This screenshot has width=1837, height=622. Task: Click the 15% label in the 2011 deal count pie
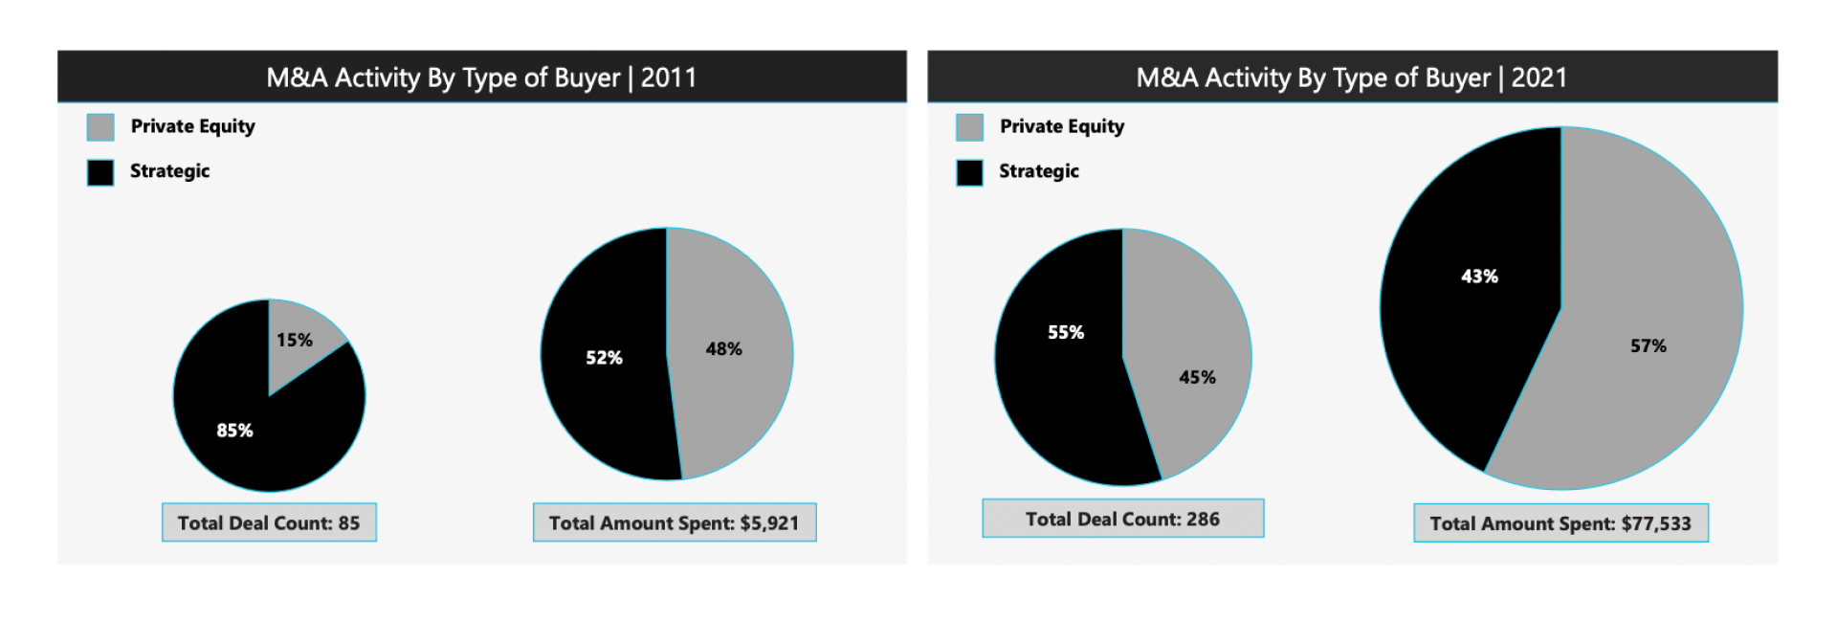point(294,340)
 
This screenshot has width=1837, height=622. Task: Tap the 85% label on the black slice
point(234,431)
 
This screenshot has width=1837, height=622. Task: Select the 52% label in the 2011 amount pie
point(604,358)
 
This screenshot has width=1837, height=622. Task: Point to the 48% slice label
point(723,349)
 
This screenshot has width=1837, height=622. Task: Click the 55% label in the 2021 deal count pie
point(1065,332)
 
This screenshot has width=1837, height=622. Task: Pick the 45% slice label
point(1197,377)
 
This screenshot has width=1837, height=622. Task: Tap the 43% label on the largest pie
point(1479,277)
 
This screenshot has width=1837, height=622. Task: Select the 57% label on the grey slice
point(1648,345)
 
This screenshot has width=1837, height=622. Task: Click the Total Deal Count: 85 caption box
point(269,522)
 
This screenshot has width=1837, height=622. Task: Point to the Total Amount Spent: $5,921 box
point(675,522)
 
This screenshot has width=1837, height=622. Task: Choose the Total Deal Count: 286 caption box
point(1122,519)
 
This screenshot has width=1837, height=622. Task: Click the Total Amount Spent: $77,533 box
point(1560,523)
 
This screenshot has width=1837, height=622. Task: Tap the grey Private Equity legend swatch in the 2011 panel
point(100,127)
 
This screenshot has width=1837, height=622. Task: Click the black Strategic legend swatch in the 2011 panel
point(100,172)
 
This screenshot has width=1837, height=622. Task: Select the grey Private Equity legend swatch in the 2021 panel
point(969,127)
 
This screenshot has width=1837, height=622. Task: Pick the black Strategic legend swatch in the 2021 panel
point(969,172)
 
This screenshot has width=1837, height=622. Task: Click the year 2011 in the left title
point(669,78)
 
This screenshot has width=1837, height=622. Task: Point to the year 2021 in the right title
point(1538,78)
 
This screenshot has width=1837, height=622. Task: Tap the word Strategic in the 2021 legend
point(1038,171)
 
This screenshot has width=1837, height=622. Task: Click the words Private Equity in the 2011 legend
point(192,126)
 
